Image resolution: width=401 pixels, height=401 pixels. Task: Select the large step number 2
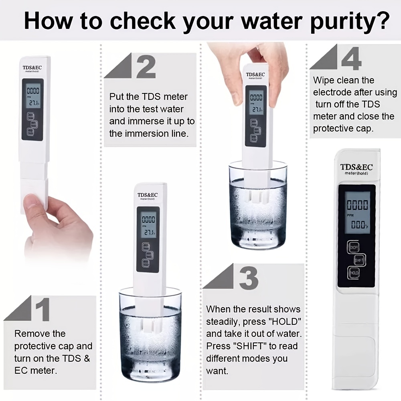point(145,67)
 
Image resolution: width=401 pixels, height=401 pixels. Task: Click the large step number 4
point(351,59)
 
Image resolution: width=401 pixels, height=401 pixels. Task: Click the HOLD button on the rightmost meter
point(354,273)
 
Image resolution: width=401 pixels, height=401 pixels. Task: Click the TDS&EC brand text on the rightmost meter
point(356,166)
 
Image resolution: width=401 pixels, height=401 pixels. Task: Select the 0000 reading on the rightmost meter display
point(357,205)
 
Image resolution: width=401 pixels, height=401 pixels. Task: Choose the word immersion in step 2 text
point(152,133)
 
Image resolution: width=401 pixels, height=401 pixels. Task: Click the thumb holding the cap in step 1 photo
point(34,203)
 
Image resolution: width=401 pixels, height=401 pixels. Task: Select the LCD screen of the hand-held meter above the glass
point(256,102)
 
